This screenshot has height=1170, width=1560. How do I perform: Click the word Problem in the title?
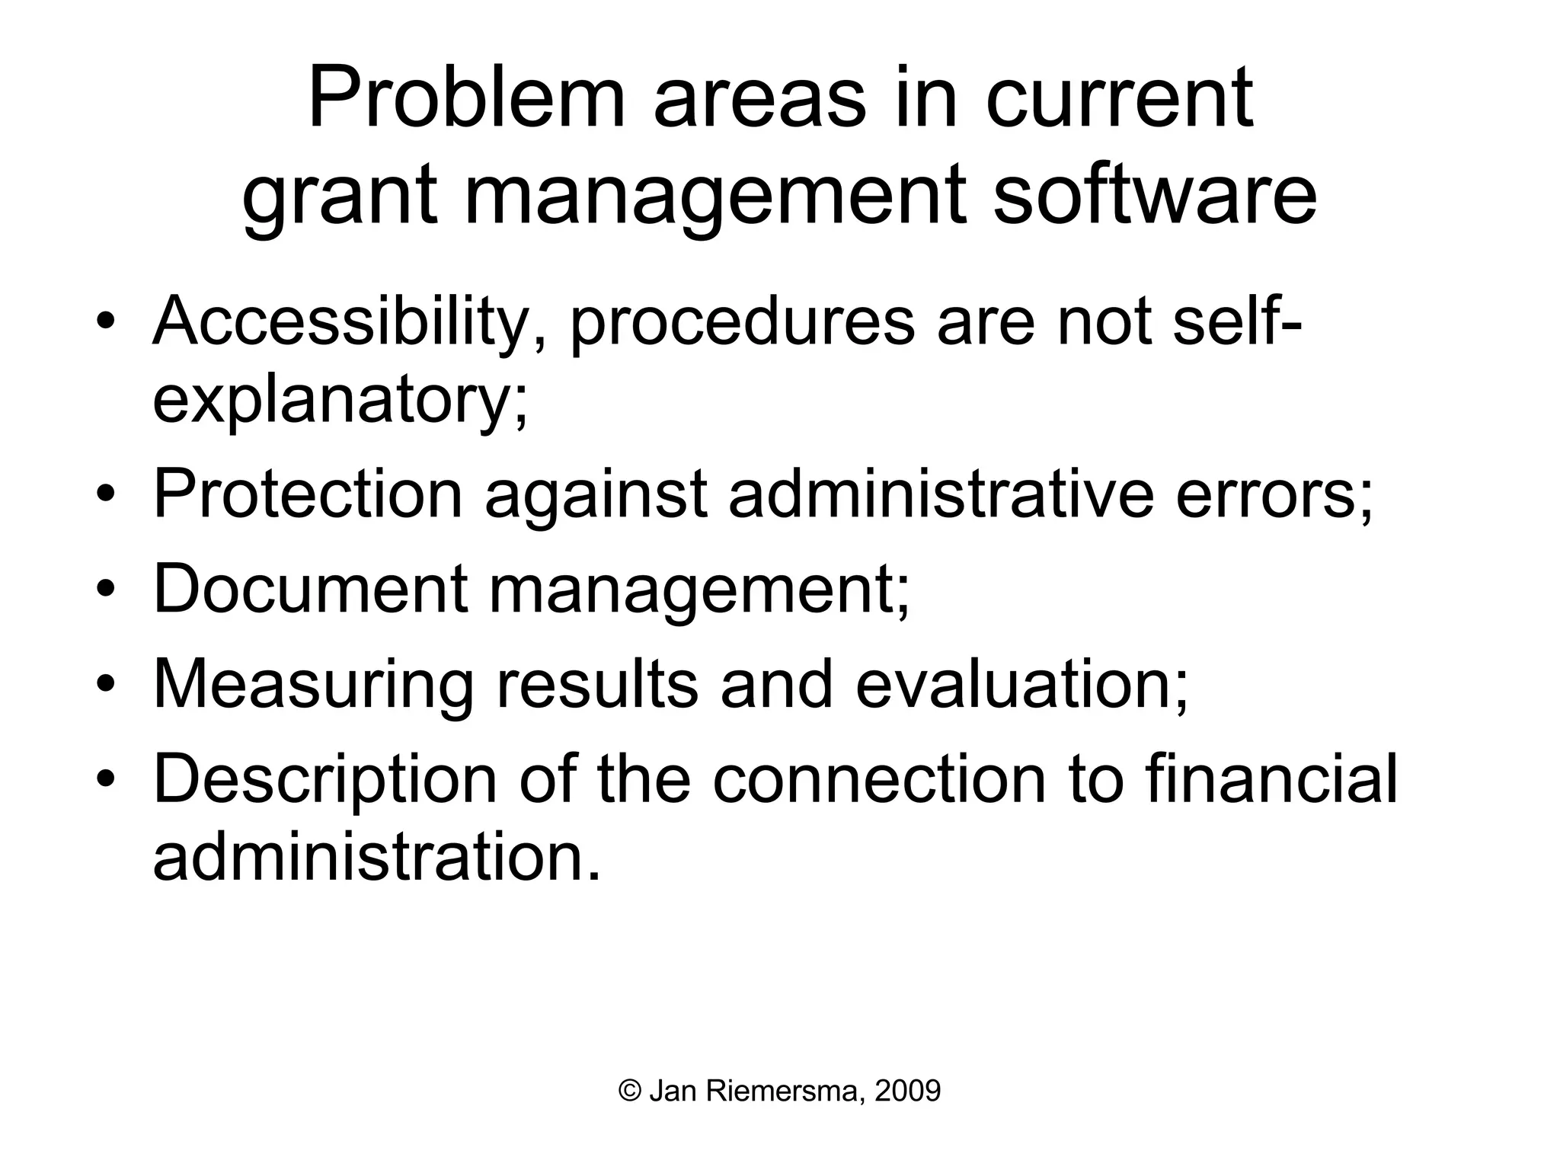(x=466, y=99)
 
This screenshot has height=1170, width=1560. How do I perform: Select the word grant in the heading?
(x=340, y=197)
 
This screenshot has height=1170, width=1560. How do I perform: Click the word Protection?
(x=308, y=494)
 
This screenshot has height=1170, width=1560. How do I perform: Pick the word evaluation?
(x=1021, y=683)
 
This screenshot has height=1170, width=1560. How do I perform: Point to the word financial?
(x=1271, y=778)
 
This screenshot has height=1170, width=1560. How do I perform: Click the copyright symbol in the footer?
(x=630, y=1092)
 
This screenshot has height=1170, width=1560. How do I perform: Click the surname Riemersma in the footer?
(x=785, y=1092)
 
